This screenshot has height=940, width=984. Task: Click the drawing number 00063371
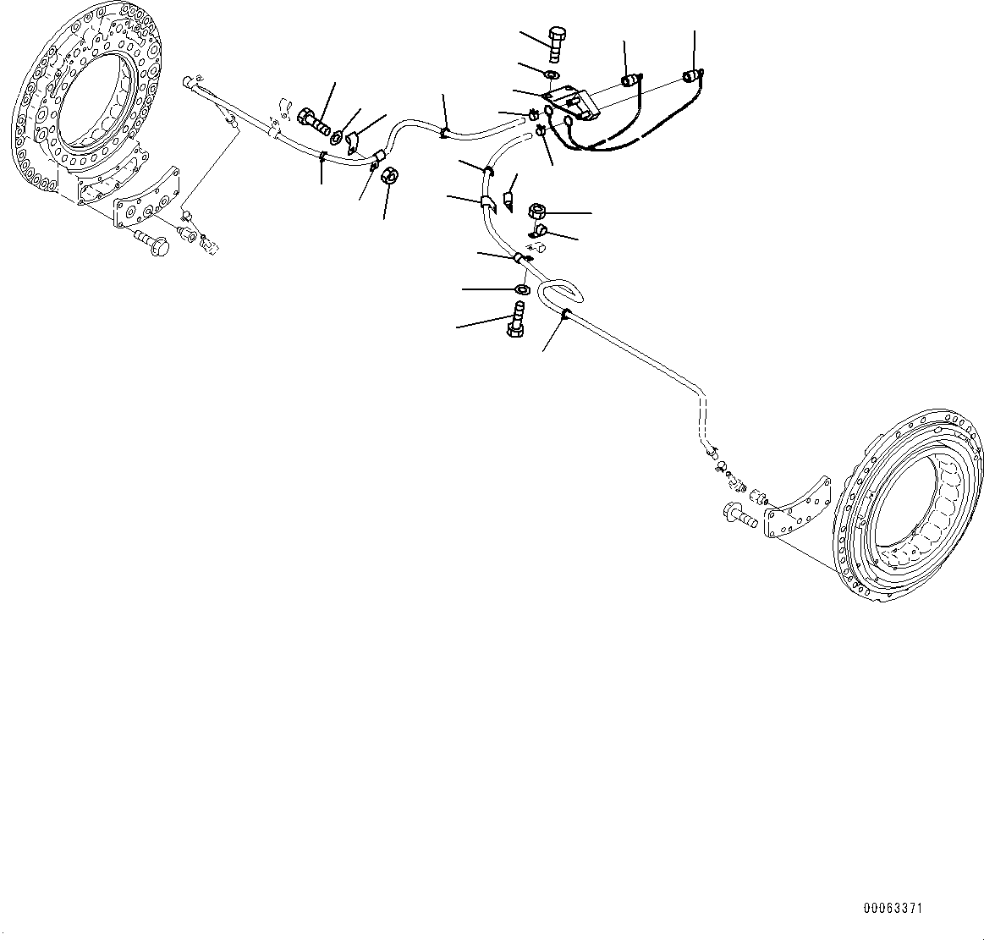tap(893, 909)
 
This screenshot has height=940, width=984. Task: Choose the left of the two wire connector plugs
tap(629, 81)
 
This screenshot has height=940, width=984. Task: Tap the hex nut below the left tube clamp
tap(391, 177)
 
